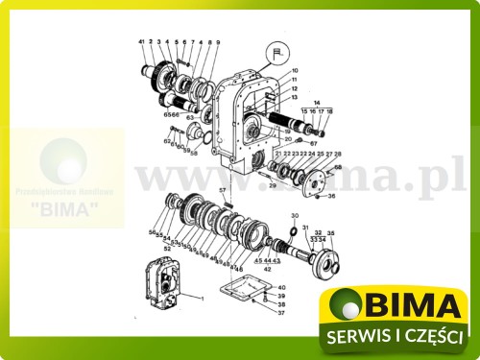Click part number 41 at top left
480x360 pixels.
(140, 42)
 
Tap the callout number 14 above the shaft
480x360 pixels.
(317, 102)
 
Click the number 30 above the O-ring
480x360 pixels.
(295, 215)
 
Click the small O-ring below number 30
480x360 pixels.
(293, 231)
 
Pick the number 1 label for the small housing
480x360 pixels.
(203, 299)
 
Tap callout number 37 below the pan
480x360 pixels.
(280, 313)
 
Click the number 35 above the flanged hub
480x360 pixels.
(331, 233)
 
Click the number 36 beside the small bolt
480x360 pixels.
(331, 197)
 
